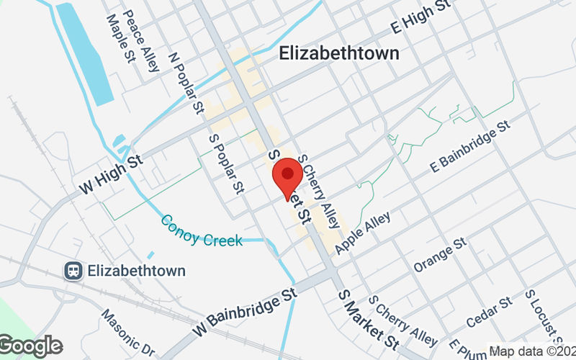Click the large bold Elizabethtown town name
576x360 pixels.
pyautogui.click(x=338, y=53)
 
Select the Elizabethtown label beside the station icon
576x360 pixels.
pyautogui.click(x=136, y=271)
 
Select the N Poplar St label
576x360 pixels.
pyautogui.click(x=186, y=84)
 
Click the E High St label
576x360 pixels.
pyautogui.click(x=420, y=16)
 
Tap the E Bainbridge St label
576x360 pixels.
pyautogui.click(x=470, y=145)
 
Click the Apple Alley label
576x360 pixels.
pyautogui.click(x=364, y=232)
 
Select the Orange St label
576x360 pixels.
pyautogui.click(x=440, y=256)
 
